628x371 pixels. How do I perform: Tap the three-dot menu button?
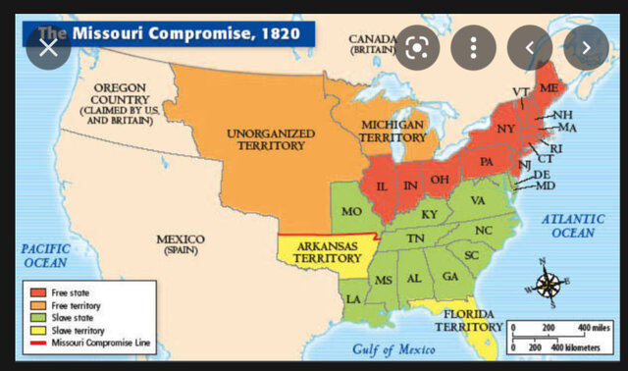pyautogui.click(x=473, y=47)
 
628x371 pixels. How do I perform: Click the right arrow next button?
pyautogui.click(x=585, y=47)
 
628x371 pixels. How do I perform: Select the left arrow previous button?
pyautogui.click(x=529, y=47)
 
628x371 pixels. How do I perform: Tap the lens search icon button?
pyautogui.click(x=417, y=47)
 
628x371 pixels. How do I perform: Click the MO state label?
pyautogui.click(x=352, y=210)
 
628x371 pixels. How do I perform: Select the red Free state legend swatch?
pyautogui.click(x=36, y=292)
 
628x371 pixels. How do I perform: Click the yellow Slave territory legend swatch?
pyautogui.click(x=36, y=330)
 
